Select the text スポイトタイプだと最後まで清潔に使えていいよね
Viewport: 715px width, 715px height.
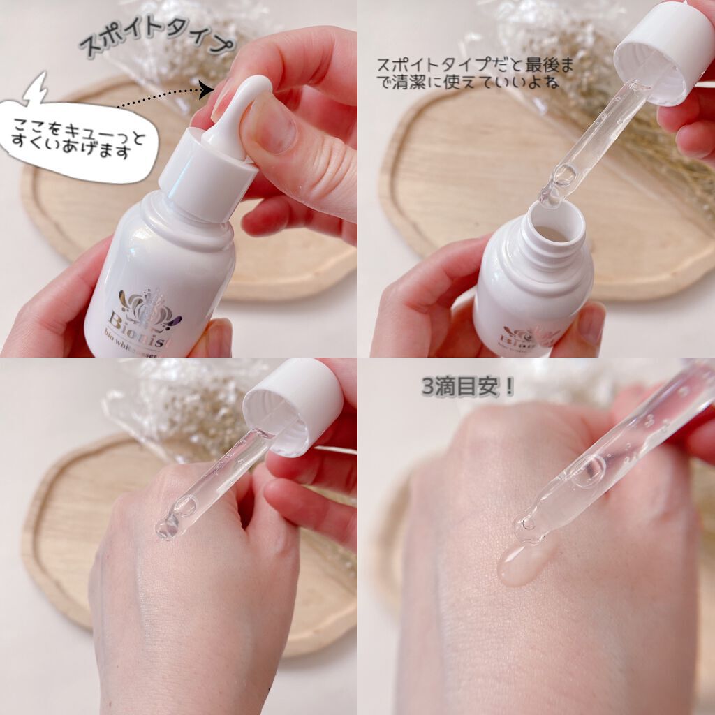click(475, 73)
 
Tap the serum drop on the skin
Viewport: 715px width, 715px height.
click(520, 566)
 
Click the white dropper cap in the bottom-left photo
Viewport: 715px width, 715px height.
click(293, 405)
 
